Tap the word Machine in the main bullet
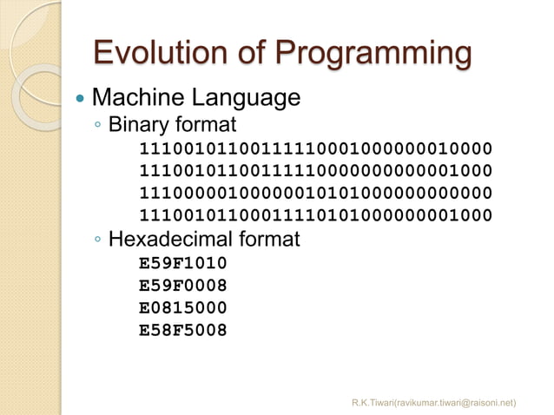click(x=138, y=97)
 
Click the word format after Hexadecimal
click(x=275, y=238)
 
